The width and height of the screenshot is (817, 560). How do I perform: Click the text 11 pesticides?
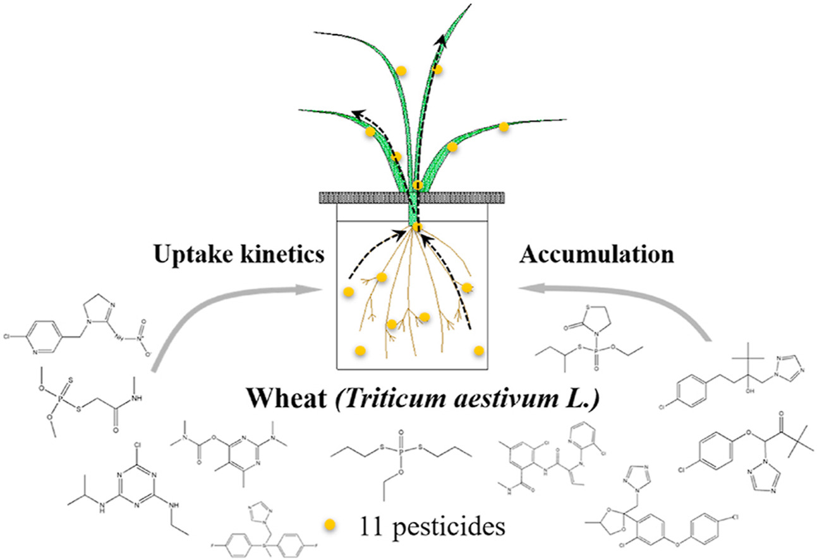click(430, 526)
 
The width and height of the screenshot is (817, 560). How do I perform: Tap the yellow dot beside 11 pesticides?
click(329, 525)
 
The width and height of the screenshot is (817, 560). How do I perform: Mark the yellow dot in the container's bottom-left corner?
click(360, 350)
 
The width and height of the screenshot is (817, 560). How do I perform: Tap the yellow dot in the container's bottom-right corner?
click(479, 350)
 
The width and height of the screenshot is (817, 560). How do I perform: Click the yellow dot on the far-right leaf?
click(504, 126)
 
